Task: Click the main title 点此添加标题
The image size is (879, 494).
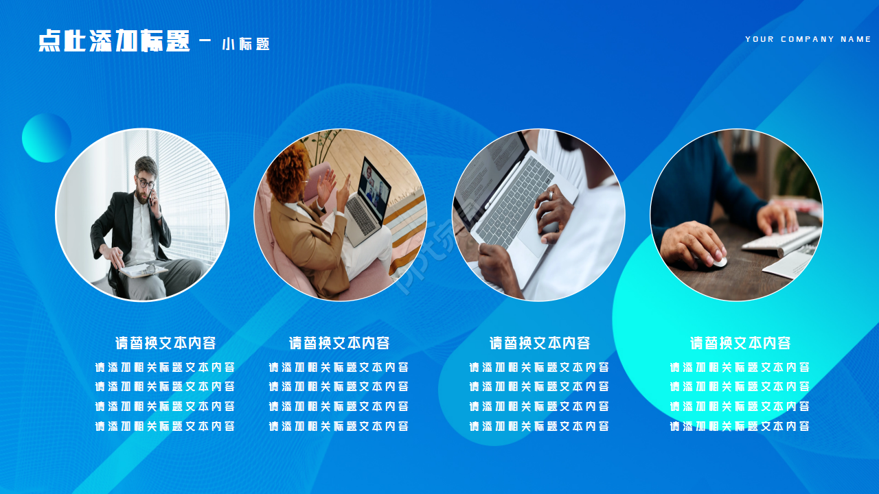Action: pos(114,41)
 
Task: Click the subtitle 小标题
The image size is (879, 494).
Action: pos(246,45)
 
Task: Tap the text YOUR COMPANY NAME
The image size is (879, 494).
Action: pos(808,39)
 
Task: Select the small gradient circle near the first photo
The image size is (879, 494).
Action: pos(47,137)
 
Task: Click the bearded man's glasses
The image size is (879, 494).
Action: pos(146,183)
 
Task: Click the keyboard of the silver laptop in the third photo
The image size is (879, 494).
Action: pos(514,200)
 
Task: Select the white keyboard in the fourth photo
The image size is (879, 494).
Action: pos(783,240)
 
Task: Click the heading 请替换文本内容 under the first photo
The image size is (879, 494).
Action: pos(165,343)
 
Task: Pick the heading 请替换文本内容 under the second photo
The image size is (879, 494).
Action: pos(339,343)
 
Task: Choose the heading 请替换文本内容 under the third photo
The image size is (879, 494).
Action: pos(540,343)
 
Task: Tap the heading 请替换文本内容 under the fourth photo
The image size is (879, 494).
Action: pos(740,343)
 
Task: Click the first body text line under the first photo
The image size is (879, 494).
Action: pos(165,367)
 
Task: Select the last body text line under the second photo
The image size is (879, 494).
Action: pos(339,426)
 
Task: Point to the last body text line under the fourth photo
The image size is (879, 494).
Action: pos(740,426)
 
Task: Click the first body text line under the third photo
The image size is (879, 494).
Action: pos(539,367)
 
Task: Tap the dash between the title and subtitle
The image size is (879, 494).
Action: pos(205,40)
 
